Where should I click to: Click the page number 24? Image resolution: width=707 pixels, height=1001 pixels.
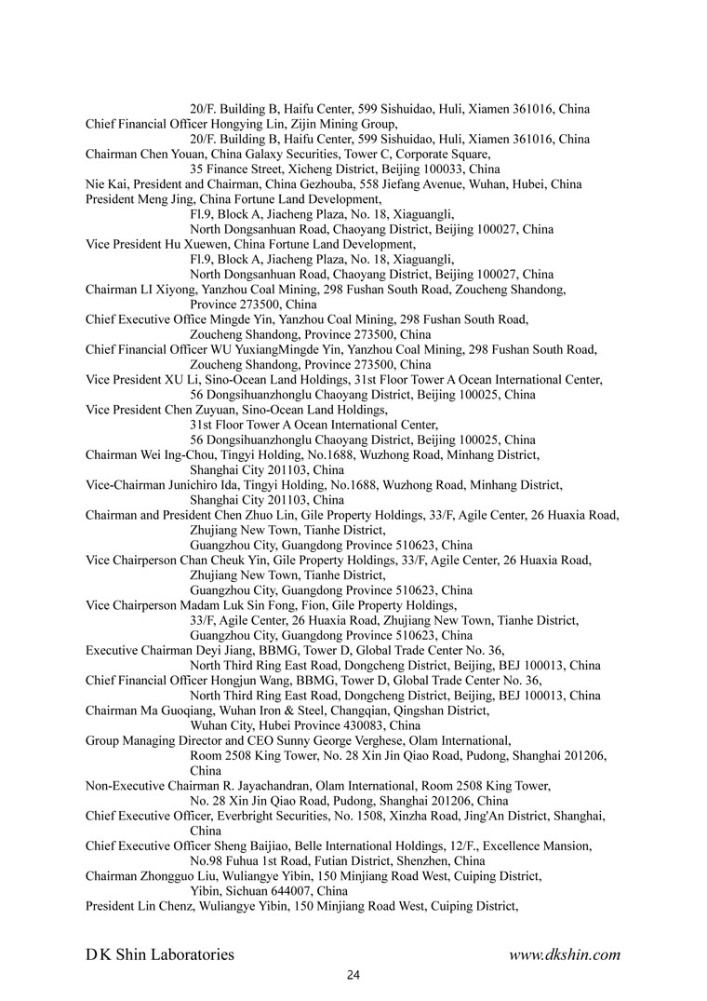click(353, 975)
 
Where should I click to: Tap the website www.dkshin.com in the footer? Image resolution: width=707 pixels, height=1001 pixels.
click(564, 954)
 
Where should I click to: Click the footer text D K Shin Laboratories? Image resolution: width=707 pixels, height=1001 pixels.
click(160, 954)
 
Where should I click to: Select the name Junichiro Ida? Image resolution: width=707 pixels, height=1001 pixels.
click(205, 484)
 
